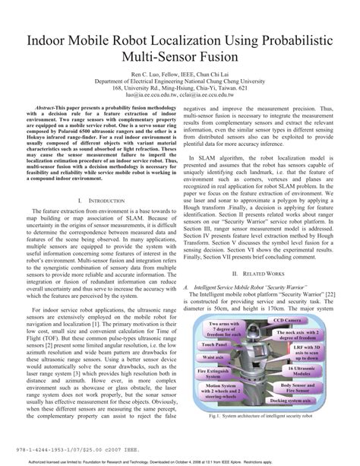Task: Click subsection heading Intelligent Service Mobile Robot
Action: tap(247, 289)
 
